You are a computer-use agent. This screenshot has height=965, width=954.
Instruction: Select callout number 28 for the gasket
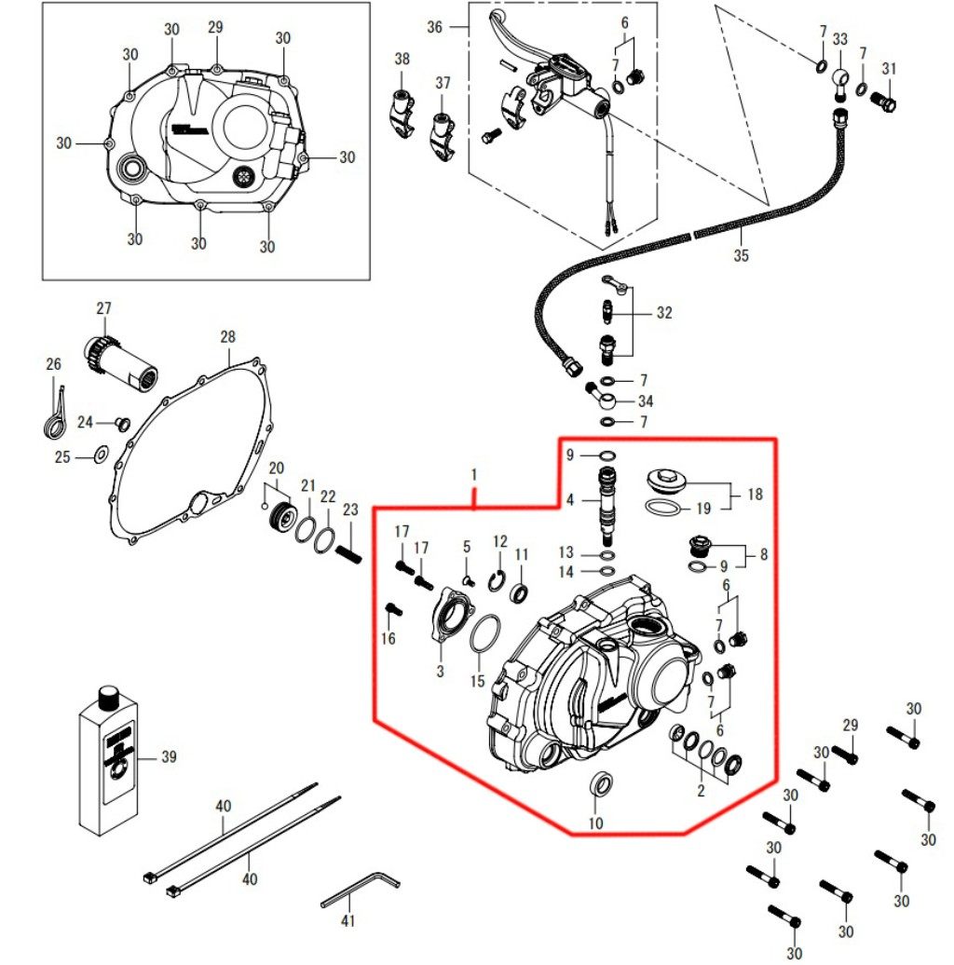(228, 336)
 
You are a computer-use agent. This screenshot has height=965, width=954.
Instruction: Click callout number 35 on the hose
(741, 255)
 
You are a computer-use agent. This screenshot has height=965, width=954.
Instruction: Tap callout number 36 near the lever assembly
(434, 27)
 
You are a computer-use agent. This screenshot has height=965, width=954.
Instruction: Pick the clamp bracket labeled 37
(441, 129)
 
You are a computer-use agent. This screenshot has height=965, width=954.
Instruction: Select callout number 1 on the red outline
(474, 475)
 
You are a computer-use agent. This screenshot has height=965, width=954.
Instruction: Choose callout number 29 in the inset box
(215, 28)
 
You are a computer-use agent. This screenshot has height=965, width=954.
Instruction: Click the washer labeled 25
(98, 455)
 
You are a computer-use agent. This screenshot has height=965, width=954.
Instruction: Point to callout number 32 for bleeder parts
(663, 314)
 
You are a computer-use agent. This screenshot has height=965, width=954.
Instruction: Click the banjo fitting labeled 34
(605, 400)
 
